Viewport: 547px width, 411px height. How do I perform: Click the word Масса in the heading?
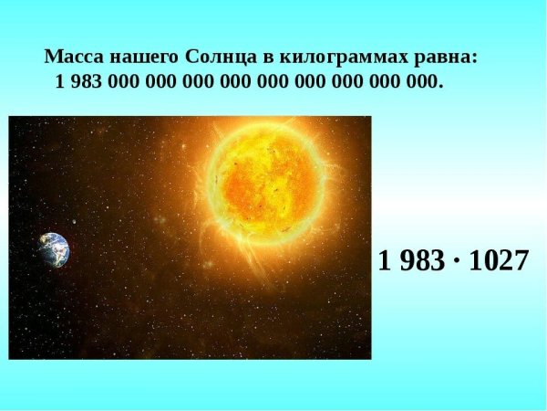(x=69, y=57)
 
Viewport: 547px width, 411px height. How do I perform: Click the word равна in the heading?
(x=440, y=57)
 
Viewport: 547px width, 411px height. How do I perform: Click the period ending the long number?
(x=441, y=85)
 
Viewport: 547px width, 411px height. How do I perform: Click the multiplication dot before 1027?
(x=456, y=261)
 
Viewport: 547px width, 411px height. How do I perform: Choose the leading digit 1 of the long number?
(x=60, y=81)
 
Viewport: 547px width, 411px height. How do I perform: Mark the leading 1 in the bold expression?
(x=385, y=260)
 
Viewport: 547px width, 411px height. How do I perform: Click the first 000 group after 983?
(x=120, y=81)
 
